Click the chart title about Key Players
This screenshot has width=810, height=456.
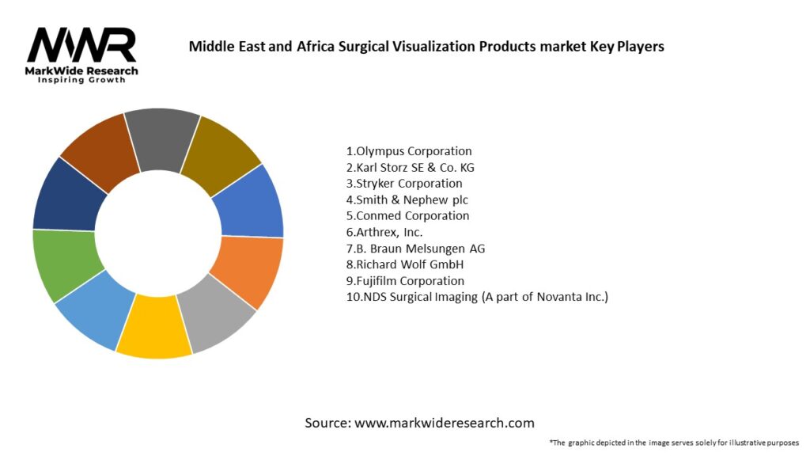click(x=426, y=46)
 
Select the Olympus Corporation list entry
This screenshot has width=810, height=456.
click(x=409, y=150)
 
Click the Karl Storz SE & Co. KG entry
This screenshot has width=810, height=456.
click(x=410, y=167)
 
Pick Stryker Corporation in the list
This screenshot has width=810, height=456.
click(x=404, y=183)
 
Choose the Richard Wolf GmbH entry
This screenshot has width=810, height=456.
click(x=404, y=264)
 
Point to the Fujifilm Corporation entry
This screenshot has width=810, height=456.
click(x=405, y=280)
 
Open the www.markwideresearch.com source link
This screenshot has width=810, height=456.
click(x=445, y=423)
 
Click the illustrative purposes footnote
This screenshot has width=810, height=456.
click(x=674, y=442)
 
